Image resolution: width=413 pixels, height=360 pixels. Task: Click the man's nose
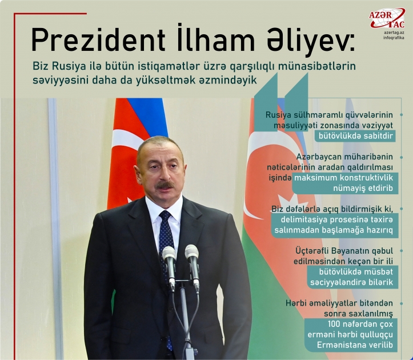pyautogui.click(x=163, y=174)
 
